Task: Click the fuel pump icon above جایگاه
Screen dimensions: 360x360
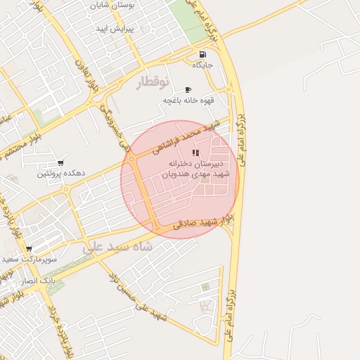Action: click(203, 54)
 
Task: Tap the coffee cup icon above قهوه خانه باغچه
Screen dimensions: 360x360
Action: click(188, 90)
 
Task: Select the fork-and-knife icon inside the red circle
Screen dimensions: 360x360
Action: click(196, 153)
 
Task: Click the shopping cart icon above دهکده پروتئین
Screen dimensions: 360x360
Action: click(60, 163)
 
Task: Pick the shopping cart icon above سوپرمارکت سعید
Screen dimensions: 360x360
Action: click(29, 248)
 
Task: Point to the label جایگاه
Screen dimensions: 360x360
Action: click(203, 65)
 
